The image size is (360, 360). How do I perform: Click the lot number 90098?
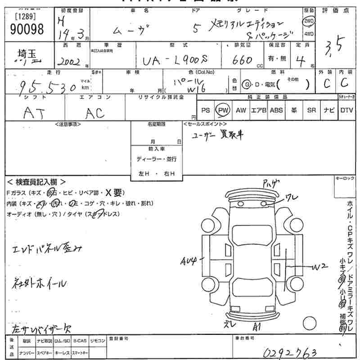(x=27, y=29)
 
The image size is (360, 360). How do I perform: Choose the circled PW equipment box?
(x=222, y=110)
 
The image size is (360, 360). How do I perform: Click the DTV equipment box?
(x=346, y=110)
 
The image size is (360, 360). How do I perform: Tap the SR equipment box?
(x=311, y=110)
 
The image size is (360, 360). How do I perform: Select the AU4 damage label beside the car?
(x=189, y=260)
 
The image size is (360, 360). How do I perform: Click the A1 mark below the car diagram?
(x=257, y=326)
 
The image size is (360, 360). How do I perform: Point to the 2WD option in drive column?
(x=309, y=21)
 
